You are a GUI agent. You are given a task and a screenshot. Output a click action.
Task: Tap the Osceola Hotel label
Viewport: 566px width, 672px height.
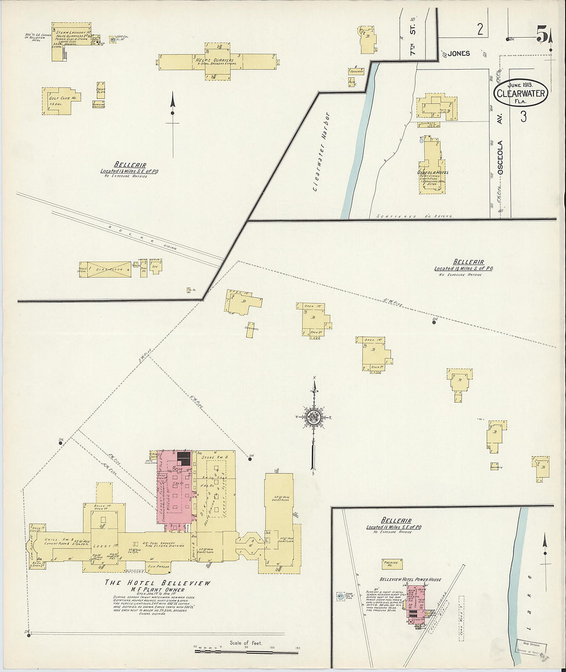click(x=432, y=172)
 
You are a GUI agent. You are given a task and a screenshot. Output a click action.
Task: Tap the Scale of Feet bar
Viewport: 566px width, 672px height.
click(x=239, y=651)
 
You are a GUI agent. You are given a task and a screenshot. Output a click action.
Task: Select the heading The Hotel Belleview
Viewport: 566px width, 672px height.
click(x=158, y=582)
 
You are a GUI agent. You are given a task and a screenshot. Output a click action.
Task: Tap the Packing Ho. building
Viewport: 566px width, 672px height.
click(x=392, y=564)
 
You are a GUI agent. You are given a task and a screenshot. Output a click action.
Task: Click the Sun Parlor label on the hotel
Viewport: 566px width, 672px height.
click(x=158, y=566)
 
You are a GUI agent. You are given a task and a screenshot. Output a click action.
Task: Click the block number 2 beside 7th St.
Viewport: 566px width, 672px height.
click(x=480, y=29)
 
